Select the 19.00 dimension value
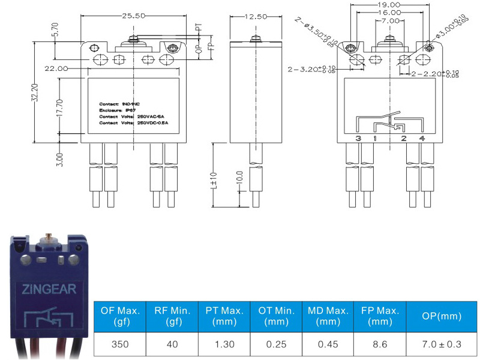[x=389, y=4]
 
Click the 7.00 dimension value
[x=390, y=20]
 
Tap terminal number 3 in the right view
[x=358, y=139]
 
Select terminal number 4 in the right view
[x=422, y=139]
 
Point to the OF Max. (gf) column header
[x=120, y=317]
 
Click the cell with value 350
[x=120, y=345]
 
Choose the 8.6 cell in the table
[x=380, y=345]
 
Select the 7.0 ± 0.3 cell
[x=442, y=345]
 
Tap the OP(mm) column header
[x=442, y=317]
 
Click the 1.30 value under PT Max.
[x=224, y=345]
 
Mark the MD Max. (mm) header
[x=328, y=317]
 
